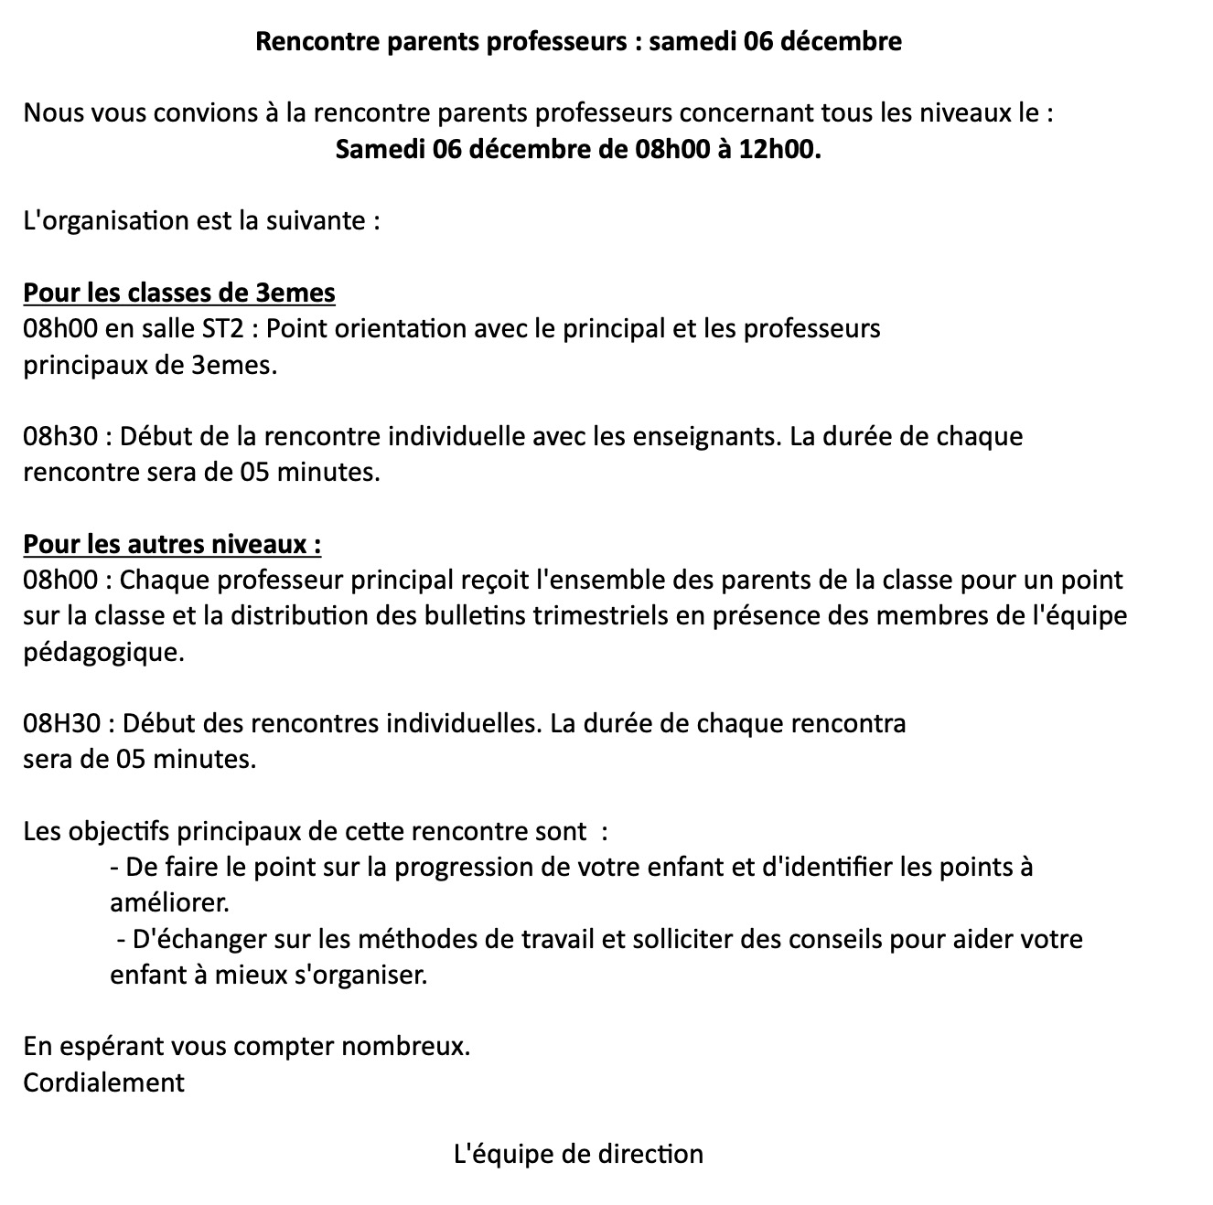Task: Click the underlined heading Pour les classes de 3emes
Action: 179,293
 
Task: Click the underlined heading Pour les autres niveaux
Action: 172,545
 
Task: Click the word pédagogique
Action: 103,653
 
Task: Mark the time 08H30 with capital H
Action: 61,724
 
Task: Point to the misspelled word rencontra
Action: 847,724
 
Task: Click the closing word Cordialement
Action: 103,1083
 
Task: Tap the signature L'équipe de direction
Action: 578,1155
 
